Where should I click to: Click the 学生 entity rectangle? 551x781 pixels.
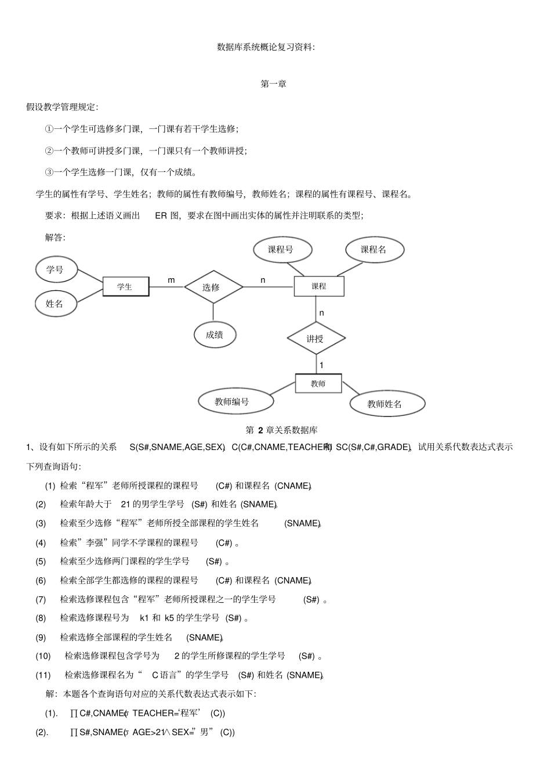coord(125,286)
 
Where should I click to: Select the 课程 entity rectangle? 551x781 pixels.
coord(318,286)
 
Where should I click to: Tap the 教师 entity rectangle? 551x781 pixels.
coord(318,384)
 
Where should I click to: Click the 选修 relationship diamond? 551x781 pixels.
coord(213,287)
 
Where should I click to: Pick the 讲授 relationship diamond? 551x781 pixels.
coord(316,339)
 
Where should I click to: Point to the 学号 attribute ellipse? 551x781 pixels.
coord(55,269)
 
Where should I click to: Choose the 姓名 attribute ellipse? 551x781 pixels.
coord(55,304)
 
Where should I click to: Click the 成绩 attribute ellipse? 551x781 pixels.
coord(215,334)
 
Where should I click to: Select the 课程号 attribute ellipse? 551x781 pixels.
coord(282,250)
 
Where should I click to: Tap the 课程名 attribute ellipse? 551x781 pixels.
coord(374,250)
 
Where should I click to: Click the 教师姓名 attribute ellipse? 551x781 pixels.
coord(386,404)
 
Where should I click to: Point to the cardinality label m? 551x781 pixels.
coord(171,280)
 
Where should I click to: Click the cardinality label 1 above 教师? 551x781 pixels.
coord(321,365)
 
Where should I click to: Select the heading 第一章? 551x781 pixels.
coord(273,84)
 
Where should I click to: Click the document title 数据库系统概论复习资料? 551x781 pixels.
coord(265,46)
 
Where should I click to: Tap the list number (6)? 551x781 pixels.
coord(41,581)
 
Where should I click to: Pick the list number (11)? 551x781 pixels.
coord(43,675)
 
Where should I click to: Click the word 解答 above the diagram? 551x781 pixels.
coord(55,237)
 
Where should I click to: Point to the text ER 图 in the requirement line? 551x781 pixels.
coord(168,215)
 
